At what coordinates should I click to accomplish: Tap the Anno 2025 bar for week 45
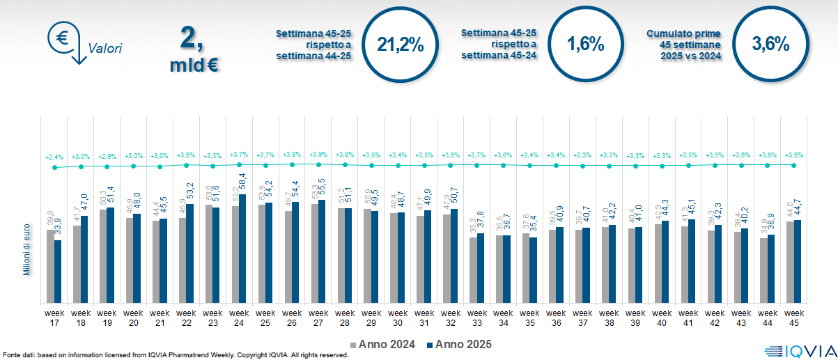coord(798,261)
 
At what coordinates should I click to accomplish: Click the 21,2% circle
coord(401,45)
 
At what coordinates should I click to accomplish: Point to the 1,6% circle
coord(585,45)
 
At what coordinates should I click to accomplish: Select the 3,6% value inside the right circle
coord(770,45)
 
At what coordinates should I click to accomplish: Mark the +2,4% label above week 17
coord(54,157)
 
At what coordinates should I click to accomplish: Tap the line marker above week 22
coord(187,165)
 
